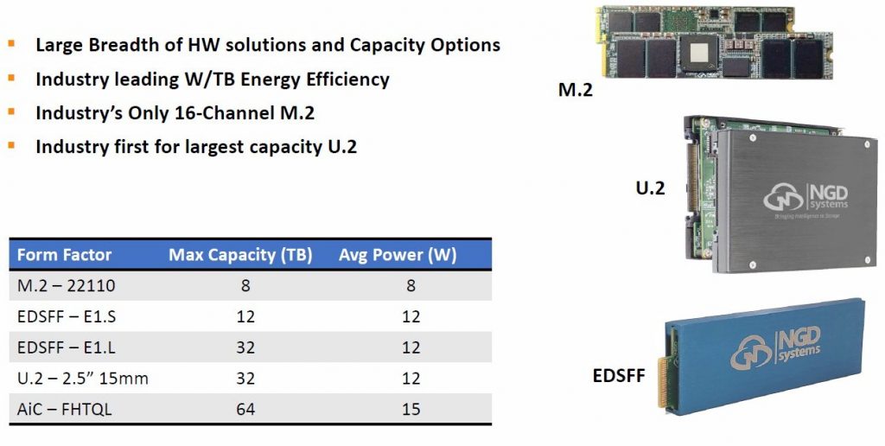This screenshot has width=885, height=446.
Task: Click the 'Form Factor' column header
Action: tap(64, 255)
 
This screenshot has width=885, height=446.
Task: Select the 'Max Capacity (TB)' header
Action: tap(240, 255)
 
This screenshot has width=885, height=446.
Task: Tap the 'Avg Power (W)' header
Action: tap(398, 255)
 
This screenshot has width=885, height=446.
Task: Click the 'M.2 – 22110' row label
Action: tap(66, 286)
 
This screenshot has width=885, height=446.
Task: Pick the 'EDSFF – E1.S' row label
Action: tap(67, 316)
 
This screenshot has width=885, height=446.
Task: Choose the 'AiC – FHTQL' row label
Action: tap(64, 409)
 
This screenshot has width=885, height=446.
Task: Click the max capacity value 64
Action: tap(245, 409)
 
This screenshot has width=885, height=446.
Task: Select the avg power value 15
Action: tap(411, 409)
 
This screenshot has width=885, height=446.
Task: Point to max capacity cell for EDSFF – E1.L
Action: tap(245, 347)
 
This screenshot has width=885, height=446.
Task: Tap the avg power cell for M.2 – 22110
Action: tap(411, 286)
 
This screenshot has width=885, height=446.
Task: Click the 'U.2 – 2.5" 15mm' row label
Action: tap(83, 378)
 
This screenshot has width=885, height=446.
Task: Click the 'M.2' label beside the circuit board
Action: tap(575, 89)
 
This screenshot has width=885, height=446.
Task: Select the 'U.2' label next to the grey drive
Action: tap(650, 188)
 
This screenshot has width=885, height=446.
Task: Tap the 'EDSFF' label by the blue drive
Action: tap(619, 375)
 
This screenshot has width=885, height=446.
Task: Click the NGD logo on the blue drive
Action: tap(775, 348)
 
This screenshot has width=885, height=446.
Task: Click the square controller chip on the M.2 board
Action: tap(699, 53)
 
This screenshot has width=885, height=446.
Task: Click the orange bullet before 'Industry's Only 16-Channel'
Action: tap(11, 111)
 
